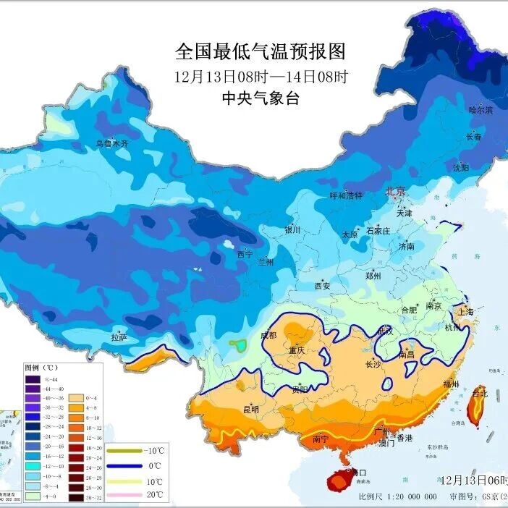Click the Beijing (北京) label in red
click(x=396, y=192)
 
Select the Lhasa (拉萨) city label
click(x=119, y=337)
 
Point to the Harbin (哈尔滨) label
click(x=481, y=110)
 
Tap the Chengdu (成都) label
click(x=268, y=335)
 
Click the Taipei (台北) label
click(x=480, y=393)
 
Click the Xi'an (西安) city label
click(x=322, y=287)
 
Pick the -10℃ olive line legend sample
click(x=125, y=450)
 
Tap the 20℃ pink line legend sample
click(x=125, y=495)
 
